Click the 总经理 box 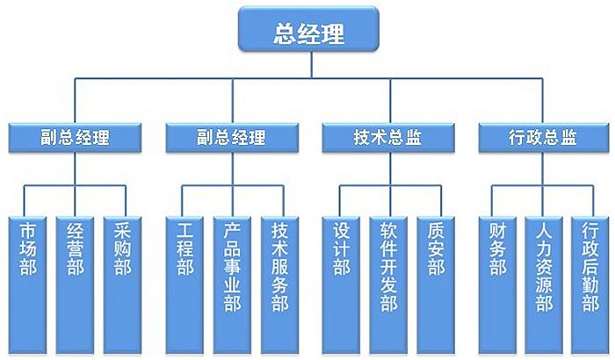tap(307, 33)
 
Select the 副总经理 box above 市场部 tap(74, 138)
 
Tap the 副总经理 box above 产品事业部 tap(230, 138)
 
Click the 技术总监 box tap(387, 138)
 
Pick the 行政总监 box tap(543, 138)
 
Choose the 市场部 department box tap(27, 280)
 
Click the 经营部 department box tap(75, 280)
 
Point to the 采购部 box tap(122, 280)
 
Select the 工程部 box tap(184, 280)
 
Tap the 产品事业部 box tap(231, 280)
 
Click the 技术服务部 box tap(279, 280)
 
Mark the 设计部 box tap(341, 280)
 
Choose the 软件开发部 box tap(387, 280)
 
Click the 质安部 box tap(435, 280)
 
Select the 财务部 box tap(497, 280)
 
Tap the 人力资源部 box tap(544, 280)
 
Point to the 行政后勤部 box tap(590, 280)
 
